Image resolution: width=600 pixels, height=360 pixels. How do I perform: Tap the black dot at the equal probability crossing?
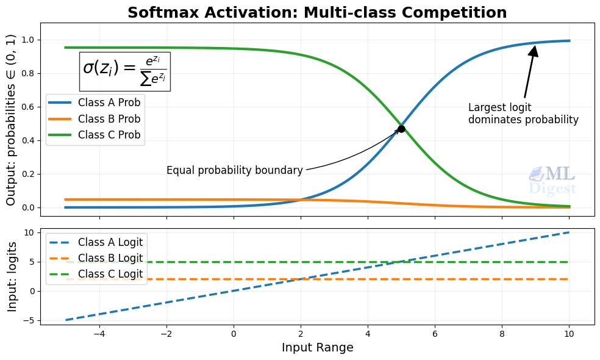click(401, 129)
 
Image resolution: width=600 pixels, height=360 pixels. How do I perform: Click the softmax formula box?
click(125, 71)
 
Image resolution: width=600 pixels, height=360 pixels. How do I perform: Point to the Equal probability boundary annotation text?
click(234, 171)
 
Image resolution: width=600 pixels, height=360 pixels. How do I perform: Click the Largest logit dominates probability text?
click(523, 114)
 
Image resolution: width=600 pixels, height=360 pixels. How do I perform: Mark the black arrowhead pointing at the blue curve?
click(534, 51)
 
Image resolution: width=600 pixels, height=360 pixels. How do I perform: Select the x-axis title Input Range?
click(317, 348)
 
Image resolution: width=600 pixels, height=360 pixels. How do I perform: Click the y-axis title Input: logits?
click(12, 276)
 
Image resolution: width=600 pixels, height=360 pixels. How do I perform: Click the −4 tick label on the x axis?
click(99, 335)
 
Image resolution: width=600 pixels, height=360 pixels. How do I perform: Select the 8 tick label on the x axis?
click(502, 335)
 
